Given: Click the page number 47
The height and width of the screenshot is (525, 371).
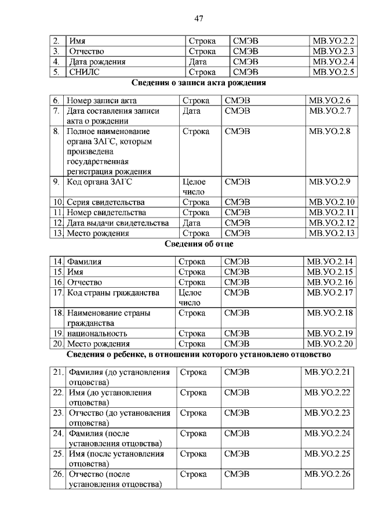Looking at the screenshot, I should tap(198, 19).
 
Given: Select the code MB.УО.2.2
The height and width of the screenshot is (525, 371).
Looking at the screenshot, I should tap(333, 41).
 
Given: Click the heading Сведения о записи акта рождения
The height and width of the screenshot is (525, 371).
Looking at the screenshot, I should tap(199, 83).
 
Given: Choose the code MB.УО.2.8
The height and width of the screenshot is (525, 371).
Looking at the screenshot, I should tap(330, 132).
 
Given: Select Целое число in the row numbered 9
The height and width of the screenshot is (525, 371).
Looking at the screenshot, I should tap(194, 186).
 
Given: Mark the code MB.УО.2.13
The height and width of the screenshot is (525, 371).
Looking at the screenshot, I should tap(332, 233).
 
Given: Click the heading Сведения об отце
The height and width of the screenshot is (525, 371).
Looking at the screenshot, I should tap(199, 244).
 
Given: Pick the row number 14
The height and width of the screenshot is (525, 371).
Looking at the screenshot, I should tap(57, 262).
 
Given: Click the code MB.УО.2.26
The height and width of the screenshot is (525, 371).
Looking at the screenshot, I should tap(328, 474).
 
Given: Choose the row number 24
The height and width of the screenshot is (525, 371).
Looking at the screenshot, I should tap(57, 433).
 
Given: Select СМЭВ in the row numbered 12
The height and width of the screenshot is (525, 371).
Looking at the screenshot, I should tap(237, 223).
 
